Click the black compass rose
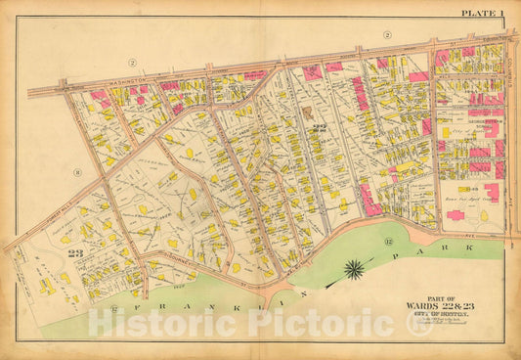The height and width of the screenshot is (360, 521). [x=354, y=268]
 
